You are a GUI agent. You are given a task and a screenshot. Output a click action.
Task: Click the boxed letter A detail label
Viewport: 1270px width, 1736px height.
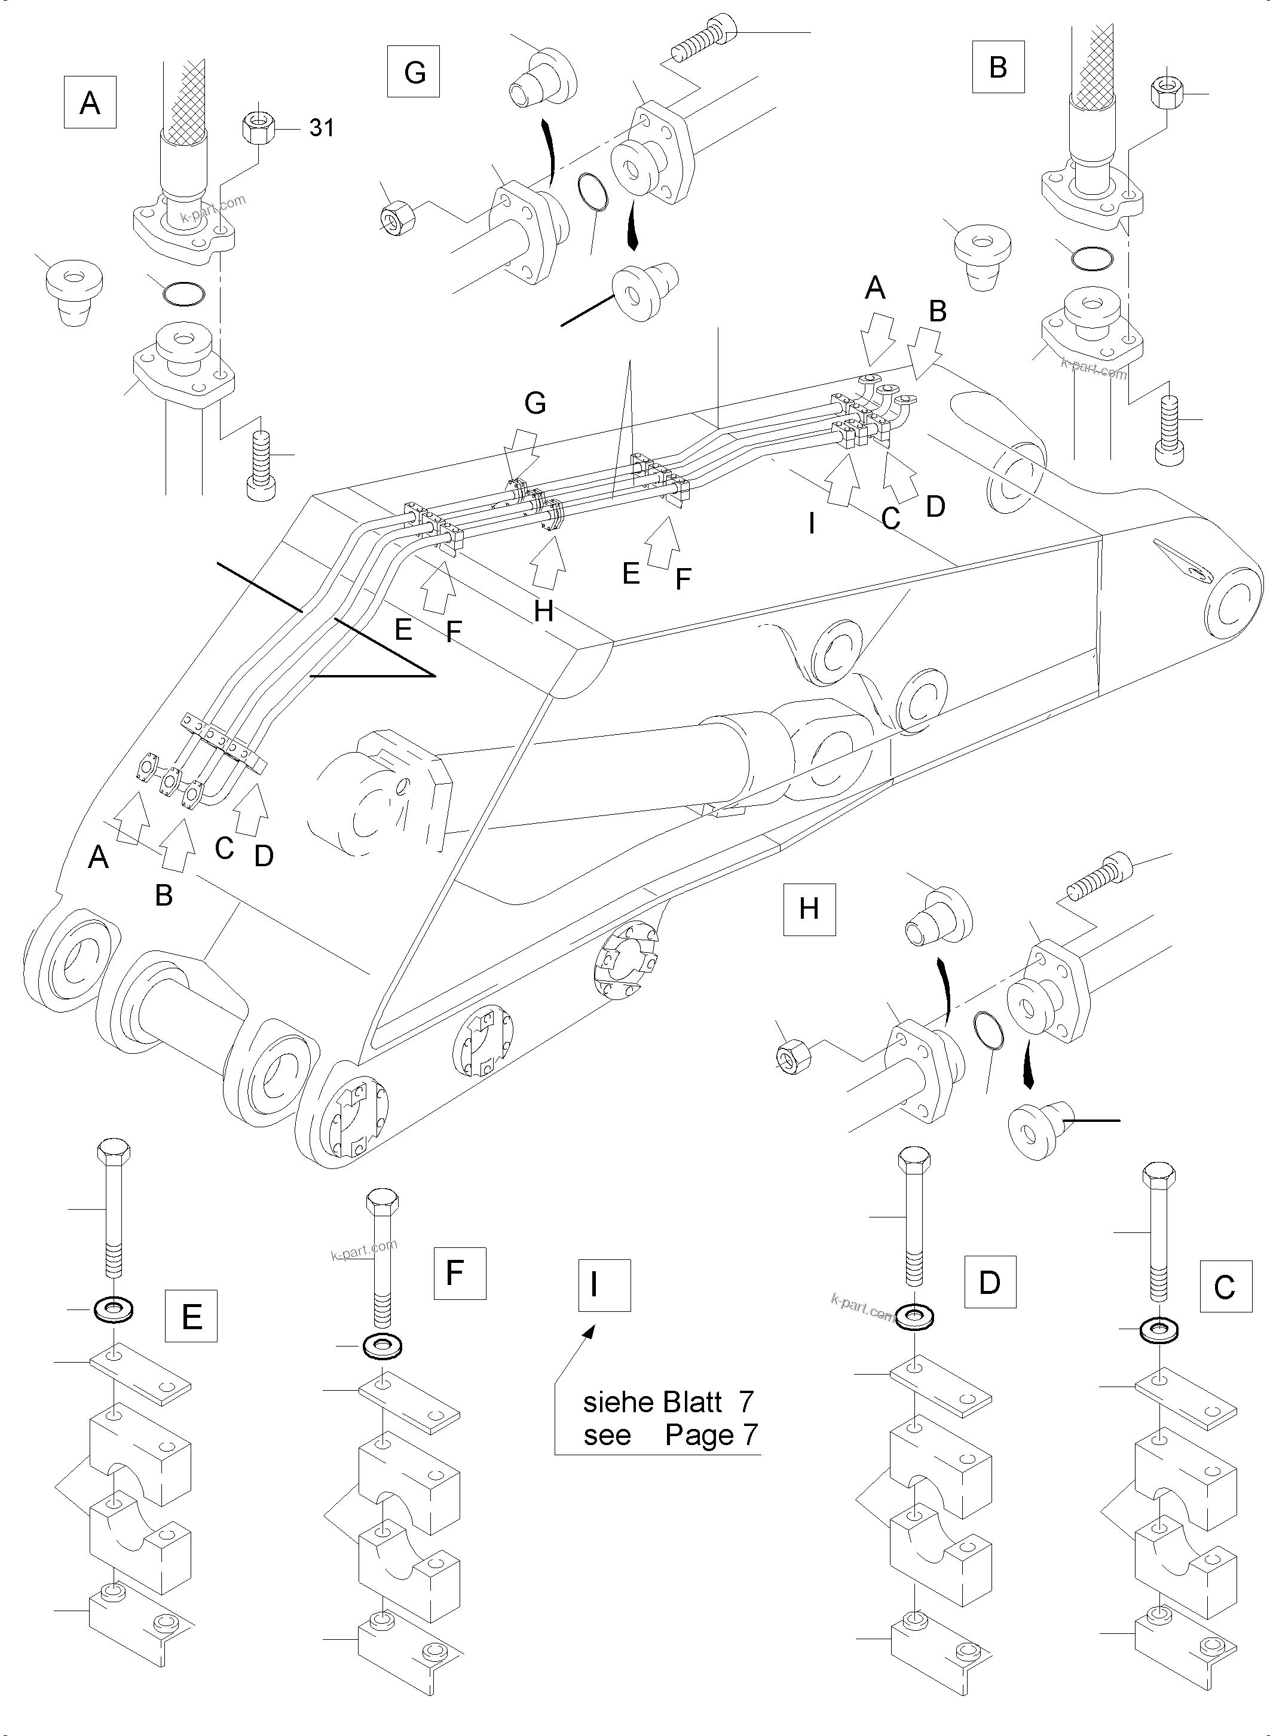[90, 102]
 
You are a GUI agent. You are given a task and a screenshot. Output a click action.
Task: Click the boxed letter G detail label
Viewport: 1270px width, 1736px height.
[414, 72]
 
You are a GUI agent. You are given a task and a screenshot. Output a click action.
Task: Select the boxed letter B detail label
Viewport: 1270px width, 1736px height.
[998, 67]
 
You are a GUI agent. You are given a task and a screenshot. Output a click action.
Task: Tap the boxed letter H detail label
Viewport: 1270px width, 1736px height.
[809, 909]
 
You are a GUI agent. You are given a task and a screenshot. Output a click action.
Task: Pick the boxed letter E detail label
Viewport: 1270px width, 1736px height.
[191, 1317]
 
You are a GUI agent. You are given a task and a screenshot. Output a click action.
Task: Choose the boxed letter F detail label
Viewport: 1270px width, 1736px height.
[459, 1274]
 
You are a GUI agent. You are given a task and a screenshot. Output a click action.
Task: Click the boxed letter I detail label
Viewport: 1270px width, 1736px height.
[604, 1285]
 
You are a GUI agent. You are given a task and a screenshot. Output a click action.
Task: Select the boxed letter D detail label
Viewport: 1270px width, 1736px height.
[989, 1282]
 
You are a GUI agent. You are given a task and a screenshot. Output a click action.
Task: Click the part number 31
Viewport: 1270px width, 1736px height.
[322, 128]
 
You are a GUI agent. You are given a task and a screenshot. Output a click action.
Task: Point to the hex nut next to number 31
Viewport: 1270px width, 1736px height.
[259, 125]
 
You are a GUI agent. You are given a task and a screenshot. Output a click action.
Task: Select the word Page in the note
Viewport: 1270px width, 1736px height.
[700, 1436]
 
